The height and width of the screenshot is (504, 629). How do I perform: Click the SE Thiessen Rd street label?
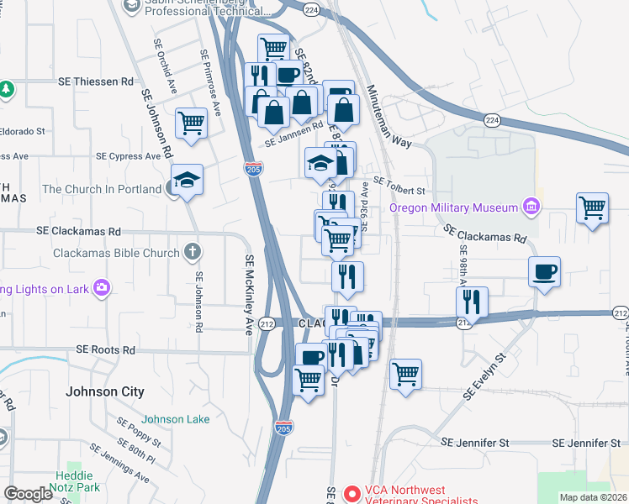coord(95,81)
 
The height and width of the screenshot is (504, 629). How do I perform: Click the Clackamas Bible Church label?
coord(116,252)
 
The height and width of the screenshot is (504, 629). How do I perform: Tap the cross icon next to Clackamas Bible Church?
coord(193,252)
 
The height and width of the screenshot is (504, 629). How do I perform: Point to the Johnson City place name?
coord(105,391)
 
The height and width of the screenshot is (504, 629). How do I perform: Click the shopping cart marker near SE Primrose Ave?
coord(191,123)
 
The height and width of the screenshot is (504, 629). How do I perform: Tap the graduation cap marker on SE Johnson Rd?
coord(187,178)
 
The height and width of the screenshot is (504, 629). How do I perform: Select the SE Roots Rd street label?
coord(105,349)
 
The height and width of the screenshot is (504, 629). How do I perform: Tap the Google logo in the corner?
coord(28,494)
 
